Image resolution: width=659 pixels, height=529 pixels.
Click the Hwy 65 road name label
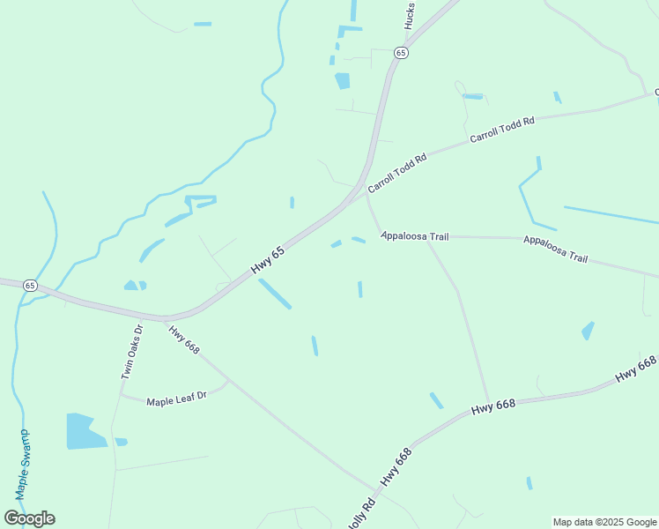(268, 258)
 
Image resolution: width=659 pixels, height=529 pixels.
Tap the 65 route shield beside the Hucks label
(402, 53)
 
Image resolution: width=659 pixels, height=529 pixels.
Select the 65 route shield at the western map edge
(31, 286)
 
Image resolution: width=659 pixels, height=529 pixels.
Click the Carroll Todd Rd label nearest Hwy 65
(397, 173)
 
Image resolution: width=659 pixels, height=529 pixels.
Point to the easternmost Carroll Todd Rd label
(502, 130)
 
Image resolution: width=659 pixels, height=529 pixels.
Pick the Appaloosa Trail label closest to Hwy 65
(415, 237)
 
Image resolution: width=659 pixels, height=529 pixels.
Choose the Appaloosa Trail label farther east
(555, 249)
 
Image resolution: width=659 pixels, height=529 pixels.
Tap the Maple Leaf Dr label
(176, 398)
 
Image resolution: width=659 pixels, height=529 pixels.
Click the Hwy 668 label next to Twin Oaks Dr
(184, 340)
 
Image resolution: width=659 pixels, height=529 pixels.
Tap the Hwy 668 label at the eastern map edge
(636, 369)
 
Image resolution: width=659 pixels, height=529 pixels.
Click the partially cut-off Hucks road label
(411, 15)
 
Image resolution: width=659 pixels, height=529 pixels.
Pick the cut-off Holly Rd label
(360, 514)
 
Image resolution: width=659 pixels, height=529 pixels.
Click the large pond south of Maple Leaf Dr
(85, 431)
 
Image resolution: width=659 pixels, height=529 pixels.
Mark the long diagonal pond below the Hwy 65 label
(275, 294)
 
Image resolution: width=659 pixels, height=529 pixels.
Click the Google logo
(29, 518)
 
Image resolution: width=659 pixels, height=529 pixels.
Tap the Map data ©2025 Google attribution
(605, 522)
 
